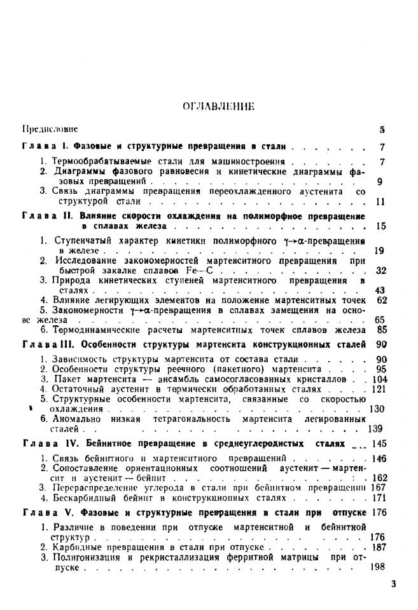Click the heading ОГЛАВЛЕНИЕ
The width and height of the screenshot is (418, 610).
210,107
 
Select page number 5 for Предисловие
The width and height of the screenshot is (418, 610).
382,130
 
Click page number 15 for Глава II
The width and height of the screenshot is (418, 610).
380,226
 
